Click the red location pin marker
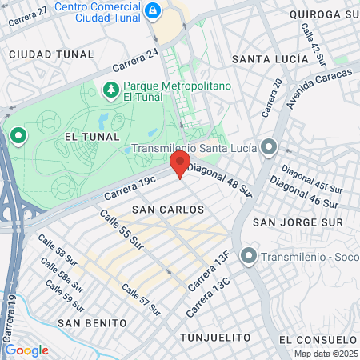(x=179, y=165)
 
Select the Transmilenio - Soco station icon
(x=250, y=257)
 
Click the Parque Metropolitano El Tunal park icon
(x=110, y=90)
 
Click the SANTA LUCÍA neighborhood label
(x=270, y=59)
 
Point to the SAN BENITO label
(x=92, y=322)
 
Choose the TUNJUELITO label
(x=210, y=337)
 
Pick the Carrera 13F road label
(x=210, y=272)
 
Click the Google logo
(x=26, y=350)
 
